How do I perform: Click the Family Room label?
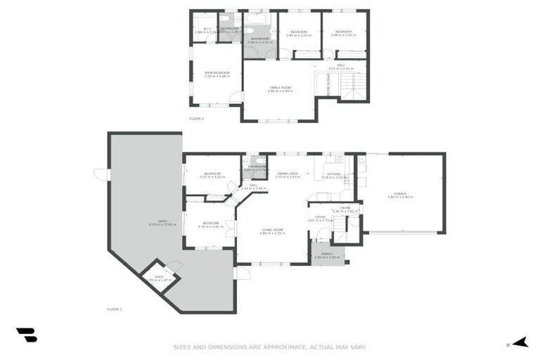279,89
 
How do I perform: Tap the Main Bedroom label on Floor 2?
217,73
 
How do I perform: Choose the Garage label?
400,195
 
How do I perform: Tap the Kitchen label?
333,174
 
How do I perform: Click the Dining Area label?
288,174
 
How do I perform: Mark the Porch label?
327,255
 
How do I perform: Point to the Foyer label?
319,218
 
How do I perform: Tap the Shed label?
160,276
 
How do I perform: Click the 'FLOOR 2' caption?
196,119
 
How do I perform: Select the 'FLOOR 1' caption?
114,309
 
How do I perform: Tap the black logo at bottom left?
26,335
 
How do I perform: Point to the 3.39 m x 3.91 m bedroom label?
210,225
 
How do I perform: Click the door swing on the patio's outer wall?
101,173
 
